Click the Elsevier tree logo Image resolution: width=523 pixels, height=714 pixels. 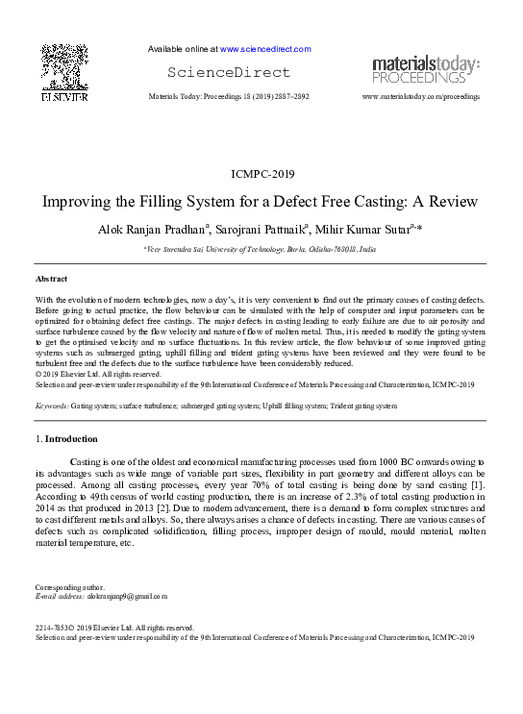(x=64, y=69)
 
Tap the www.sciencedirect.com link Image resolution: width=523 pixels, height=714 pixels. (x=264, y=48)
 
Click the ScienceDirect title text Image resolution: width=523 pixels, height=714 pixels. (x=228, y=72)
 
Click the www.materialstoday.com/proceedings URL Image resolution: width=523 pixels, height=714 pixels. (x=420, y=98)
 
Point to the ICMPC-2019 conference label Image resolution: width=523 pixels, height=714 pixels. (x=261, y=174)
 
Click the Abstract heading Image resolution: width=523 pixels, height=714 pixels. (x=52, y=279)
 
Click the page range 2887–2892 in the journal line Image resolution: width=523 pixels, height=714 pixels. (x=286, y=98)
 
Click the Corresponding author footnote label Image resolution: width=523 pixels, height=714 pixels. (x=68, y=587)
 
